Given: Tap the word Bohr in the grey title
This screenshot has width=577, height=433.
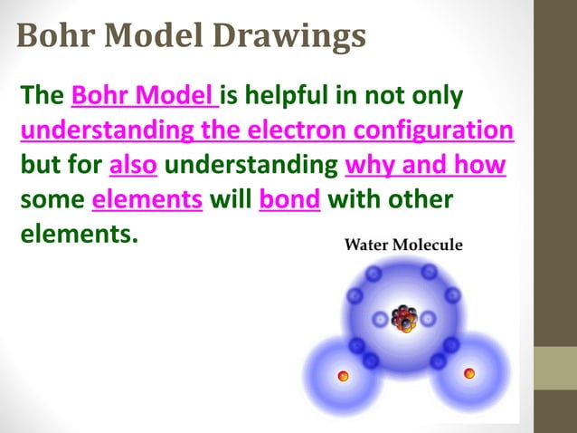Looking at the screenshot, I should coord(56,36).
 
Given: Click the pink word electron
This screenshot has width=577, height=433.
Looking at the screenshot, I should coord(294,130).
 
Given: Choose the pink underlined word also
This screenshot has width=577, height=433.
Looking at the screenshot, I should coord(133,166).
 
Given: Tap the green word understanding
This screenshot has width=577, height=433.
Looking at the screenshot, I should coord(251,166).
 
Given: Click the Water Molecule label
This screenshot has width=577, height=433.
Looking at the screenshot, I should coord(403,245).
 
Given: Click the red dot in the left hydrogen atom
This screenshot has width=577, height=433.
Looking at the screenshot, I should coord(343,375).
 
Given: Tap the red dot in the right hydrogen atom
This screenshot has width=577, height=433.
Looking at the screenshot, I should coord(468,372).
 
